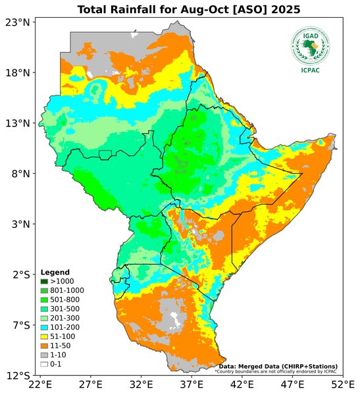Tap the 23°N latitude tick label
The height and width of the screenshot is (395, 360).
coord(18,22)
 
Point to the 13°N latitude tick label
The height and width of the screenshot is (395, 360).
coord(18,123)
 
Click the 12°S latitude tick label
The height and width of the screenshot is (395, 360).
coord(18,376)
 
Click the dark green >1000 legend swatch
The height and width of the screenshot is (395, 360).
coord(44,281)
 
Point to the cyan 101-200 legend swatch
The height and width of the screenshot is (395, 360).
coord(44,327)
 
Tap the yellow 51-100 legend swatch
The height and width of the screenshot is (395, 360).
coord(44,336)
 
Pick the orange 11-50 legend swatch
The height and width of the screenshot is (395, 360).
coord(44,346)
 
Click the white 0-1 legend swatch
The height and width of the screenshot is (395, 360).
coord(44,364)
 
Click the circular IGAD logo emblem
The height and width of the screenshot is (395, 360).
coord(310,45)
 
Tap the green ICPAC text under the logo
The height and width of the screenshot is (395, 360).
coord(310,70)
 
